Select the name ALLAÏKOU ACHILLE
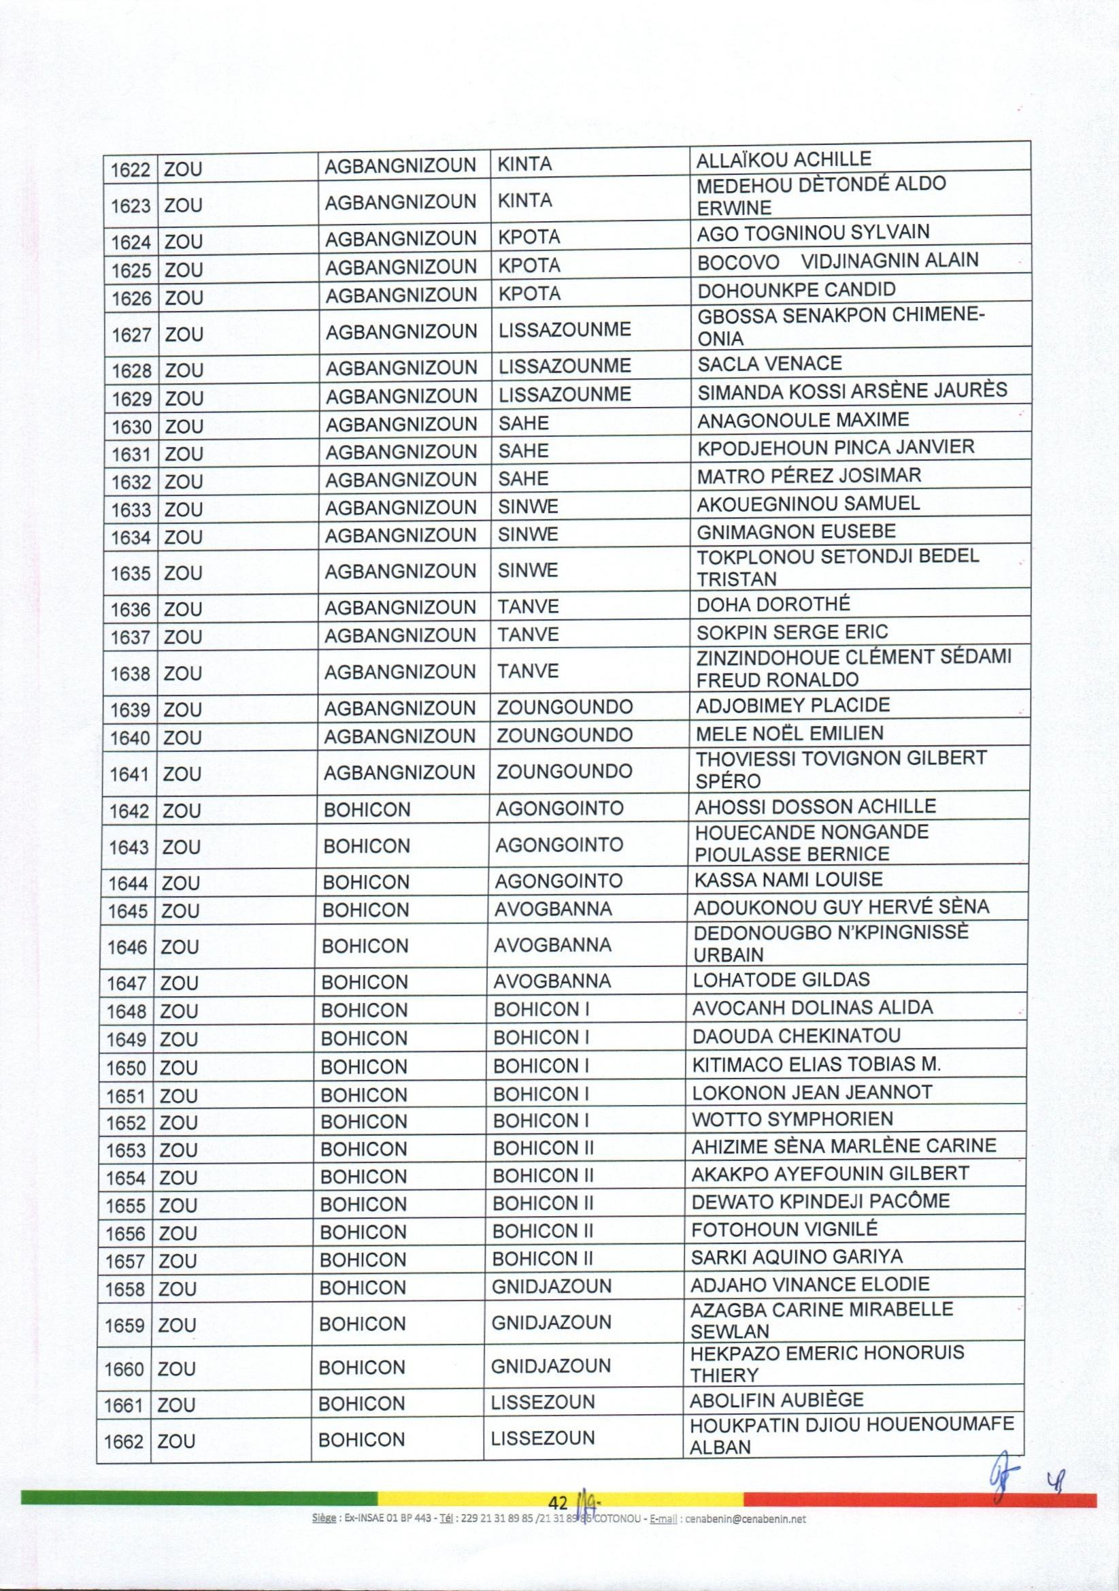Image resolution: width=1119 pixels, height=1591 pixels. (x=784, y=159)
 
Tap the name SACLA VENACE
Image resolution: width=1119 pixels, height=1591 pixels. (x=769, y=363)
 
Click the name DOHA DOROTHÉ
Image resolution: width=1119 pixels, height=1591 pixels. (x=773, y=604)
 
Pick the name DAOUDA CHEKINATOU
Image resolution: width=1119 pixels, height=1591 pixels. (x=796, y=1036)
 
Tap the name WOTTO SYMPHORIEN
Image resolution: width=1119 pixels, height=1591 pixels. (x=792, y=1119)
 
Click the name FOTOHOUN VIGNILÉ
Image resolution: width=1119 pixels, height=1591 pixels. (x=784, y=1229)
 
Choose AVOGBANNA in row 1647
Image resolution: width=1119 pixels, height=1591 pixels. (x=552, y=981)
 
